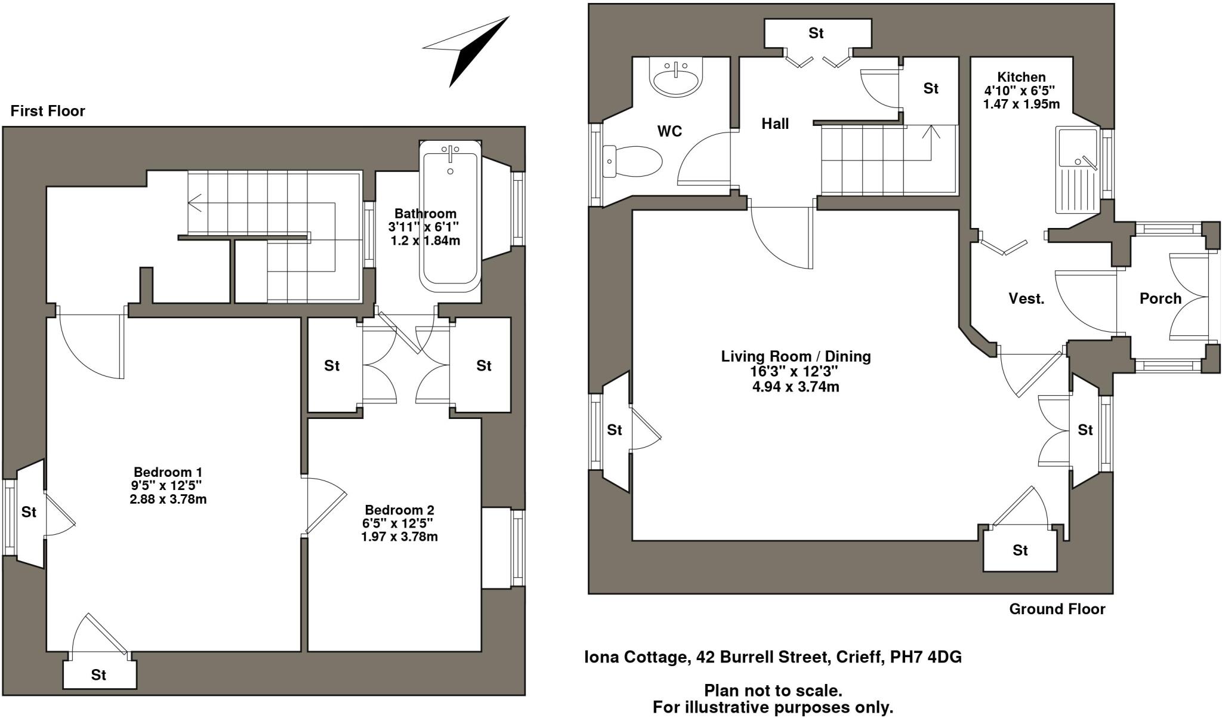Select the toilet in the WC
coord(632,162)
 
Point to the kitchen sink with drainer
coord(1078,170)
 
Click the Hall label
coord(775,124)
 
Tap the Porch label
coord(1160,298)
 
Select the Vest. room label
coord(1026,298)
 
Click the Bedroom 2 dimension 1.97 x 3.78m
coord(399,537)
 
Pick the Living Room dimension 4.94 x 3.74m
coord(795,387)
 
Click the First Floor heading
coord(48,111)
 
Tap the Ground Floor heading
coord(1057,609)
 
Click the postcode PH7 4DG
coord(925,657)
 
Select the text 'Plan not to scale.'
coord(773,691)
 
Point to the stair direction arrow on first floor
coord(195,204)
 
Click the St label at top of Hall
coord(816,33)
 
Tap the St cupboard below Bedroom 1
coord(99,674)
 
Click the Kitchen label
coord(1022,77)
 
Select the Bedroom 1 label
coord(167,472)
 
